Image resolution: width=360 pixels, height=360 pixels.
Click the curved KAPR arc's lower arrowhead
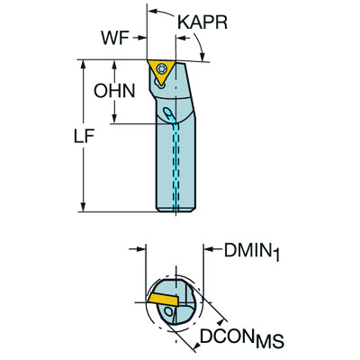coord(203,56)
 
